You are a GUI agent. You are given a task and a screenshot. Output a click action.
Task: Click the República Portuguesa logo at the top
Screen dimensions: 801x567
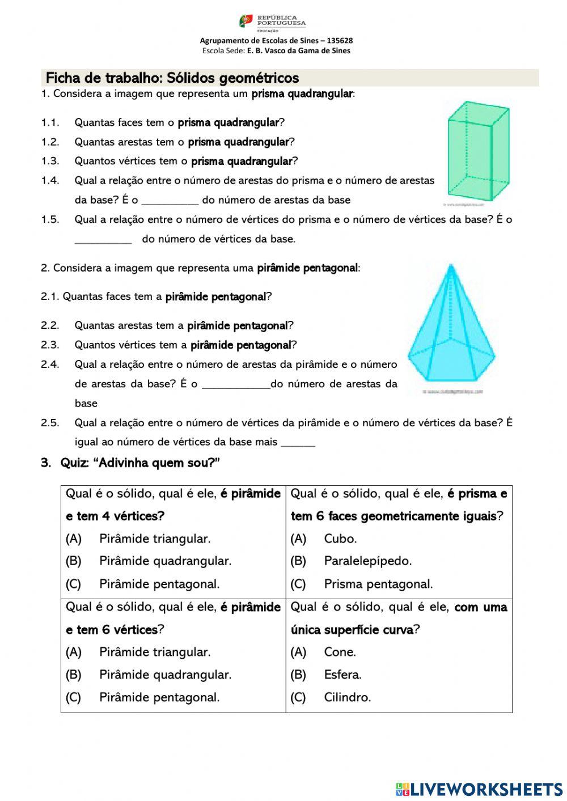272,23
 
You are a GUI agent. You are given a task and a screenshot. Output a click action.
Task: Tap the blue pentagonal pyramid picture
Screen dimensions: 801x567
451,329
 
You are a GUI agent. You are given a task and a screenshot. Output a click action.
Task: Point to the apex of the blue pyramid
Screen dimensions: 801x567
451,265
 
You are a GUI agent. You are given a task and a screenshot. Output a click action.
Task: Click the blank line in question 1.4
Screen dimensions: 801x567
170,201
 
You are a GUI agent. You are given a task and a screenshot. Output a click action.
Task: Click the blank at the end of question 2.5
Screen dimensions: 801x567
298,443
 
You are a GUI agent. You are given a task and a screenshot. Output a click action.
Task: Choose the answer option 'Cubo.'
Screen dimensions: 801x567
340,539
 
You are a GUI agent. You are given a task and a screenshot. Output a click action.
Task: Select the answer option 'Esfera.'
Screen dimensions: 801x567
342,675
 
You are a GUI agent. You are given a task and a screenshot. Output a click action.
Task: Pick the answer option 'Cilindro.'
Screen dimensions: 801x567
347,697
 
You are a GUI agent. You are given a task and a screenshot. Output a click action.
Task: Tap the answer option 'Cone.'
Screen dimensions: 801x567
340,652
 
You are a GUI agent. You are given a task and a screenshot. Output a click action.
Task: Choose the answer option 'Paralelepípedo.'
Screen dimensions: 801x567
367,561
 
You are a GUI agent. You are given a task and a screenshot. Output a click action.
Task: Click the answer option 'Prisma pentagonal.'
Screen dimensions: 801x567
378,584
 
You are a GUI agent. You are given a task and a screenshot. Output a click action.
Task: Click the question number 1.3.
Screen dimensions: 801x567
50,161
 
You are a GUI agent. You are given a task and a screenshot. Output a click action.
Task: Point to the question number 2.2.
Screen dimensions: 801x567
50,325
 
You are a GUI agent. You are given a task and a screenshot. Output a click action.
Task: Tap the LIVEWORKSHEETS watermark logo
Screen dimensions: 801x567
479,789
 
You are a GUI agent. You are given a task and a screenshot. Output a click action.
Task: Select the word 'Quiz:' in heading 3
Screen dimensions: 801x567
74,463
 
